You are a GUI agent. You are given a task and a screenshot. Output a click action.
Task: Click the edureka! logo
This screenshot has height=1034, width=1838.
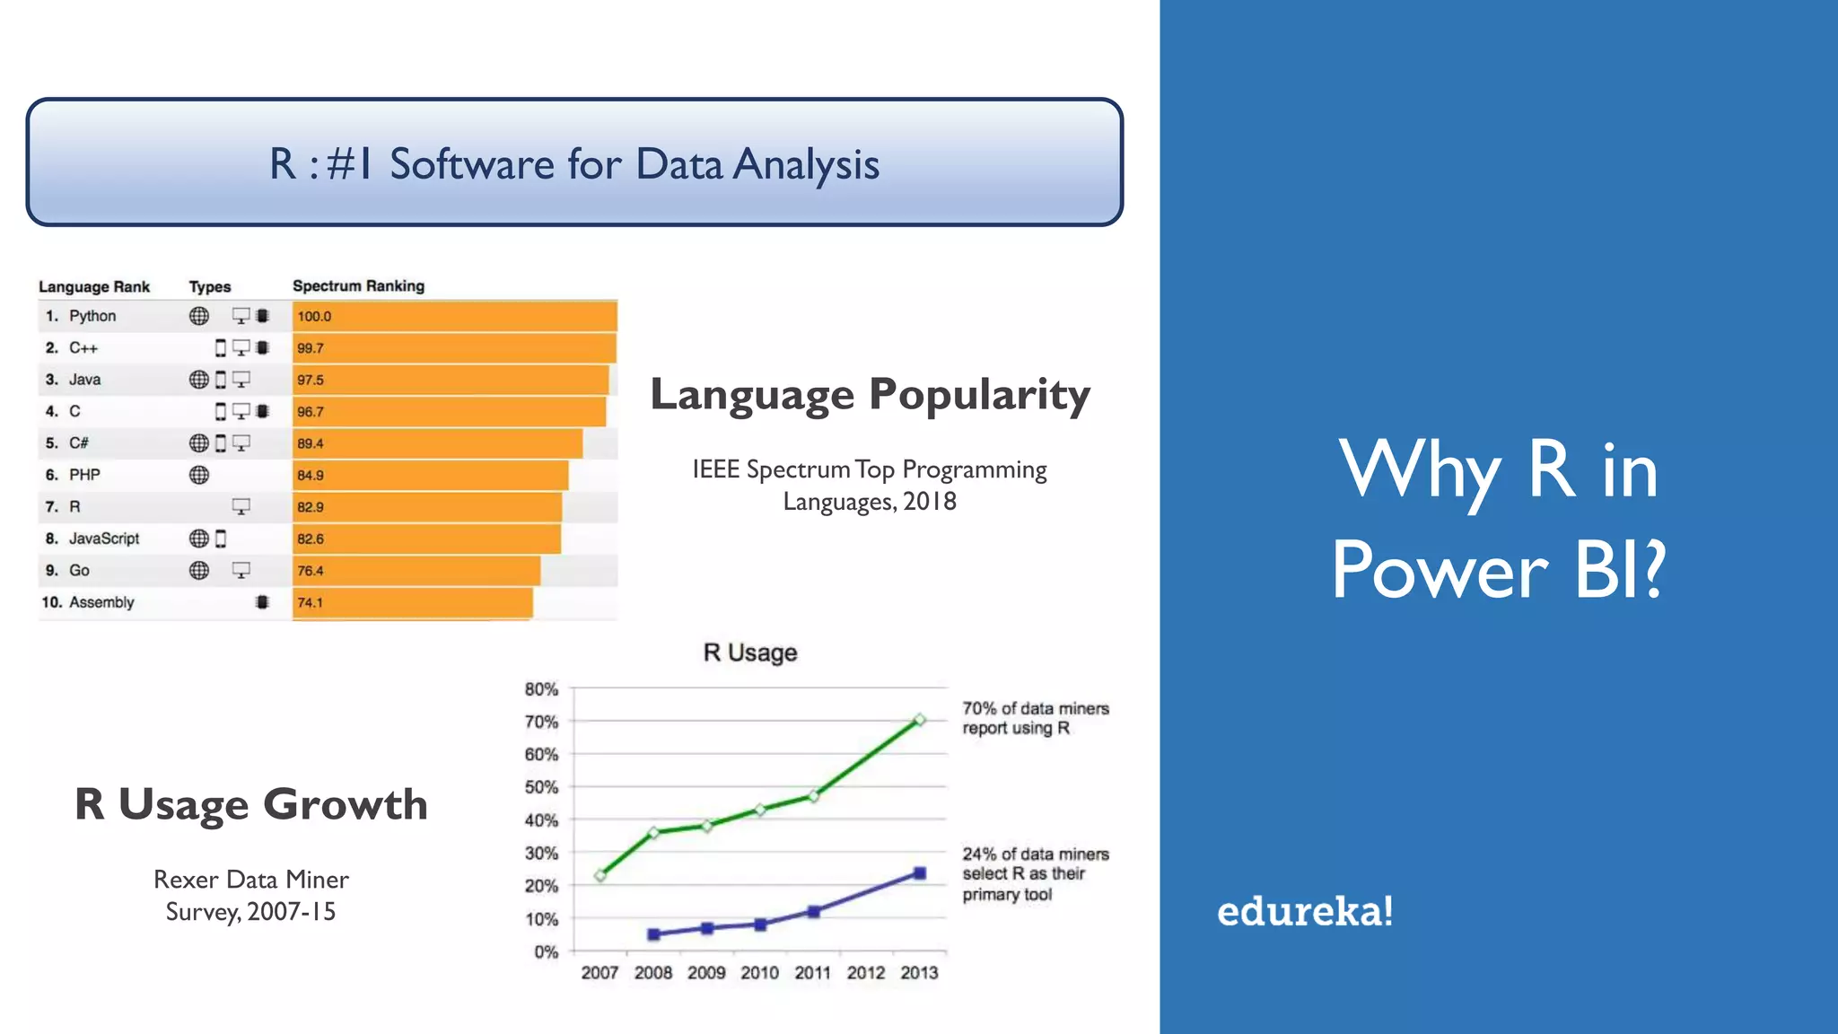pyautogui.click(x=1304, y=912)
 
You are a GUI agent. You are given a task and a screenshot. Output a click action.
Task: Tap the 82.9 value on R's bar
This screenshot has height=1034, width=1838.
pyautogui.click(x=311, y=507)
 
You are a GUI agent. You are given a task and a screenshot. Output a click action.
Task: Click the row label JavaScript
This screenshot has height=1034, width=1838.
pyautogui.click(x=104, y=539)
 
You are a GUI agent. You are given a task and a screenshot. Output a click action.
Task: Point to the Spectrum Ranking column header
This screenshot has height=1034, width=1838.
pyautogui.click(x=358, y=285)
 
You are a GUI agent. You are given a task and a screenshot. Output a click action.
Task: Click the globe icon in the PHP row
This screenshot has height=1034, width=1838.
pyautogui.click(x=199, y=475)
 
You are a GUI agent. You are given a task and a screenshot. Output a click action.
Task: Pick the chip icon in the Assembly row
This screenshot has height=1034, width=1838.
pyautogui.click(x=262, y=602)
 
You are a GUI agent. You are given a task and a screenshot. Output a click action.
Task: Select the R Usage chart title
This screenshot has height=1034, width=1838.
pyautogui.click(x=749, y=653)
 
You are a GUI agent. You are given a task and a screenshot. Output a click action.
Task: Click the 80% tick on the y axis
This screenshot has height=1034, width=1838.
pyautogui.click(x=541, y=689)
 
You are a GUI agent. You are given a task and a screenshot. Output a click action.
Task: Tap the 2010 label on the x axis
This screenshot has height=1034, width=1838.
pyautogui.click(x=759, y=973)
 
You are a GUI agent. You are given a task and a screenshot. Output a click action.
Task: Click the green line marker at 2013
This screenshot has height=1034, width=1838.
pyautogui.click(x=919, y=720)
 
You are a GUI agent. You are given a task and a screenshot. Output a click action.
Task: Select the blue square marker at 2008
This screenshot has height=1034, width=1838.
pyautogui.click(x=653, y=934)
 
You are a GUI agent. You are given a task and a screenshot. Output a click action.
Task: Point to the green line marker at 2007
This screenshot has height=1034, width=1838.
pyautogui.click(x=600, y=875)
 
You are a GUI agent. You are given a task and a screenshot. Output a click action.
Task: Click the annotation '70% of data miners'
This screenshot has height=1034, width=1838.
pyautogui.click(x=1035, y=709)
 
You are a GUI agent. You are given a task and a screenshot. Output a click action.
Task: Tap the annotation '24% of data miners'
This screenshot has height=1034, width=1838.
pyautogui.click(x=1035, y=854)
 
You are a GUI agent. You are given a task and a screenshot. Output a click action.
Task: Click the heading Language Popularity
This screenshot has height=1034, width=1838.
pyautogui.click(x=870, y=394)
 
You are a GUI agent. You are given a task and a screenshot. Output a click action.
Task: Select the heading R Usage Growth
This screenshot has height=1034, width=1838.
pyautogui.click(x=250, y=804)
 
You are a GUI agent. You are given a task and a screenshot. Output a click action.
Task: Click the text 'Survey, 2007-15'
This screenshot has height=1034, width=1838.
pyautogui.click(x=250, y=912)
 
